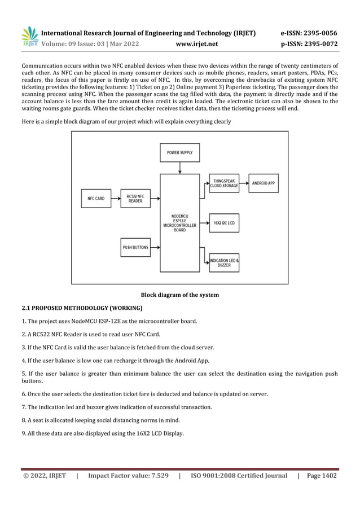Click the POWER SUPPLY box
[x=179, y=152]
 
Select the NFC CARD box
[x=95, y=199]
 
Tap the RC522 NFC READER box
[x=135, y=199]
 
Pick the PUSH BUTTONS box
[x=135, y=247]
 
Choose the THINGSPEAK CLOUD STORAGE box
[x=223, y=183]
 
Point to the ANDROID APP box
[x=263, y=183]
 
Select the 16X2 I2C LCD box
[x=223, y=223]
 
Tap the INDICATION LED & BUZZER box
[x=223, y=262]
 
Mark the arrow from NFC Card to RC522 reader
[x=115, y=199]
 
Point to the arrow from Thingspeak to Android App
[x=243, y=183]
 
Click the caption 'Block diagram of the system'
[x=179, y=295]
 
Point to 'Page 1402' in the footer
[x=322, y=476]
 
